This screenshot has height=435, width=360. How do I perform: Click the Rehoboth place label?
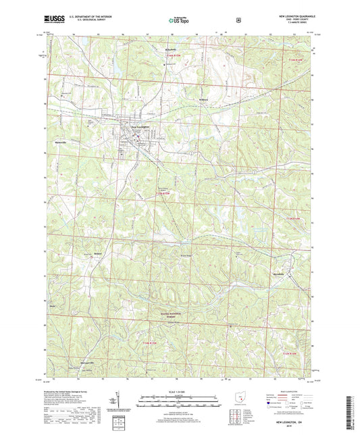pos(176,51)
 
